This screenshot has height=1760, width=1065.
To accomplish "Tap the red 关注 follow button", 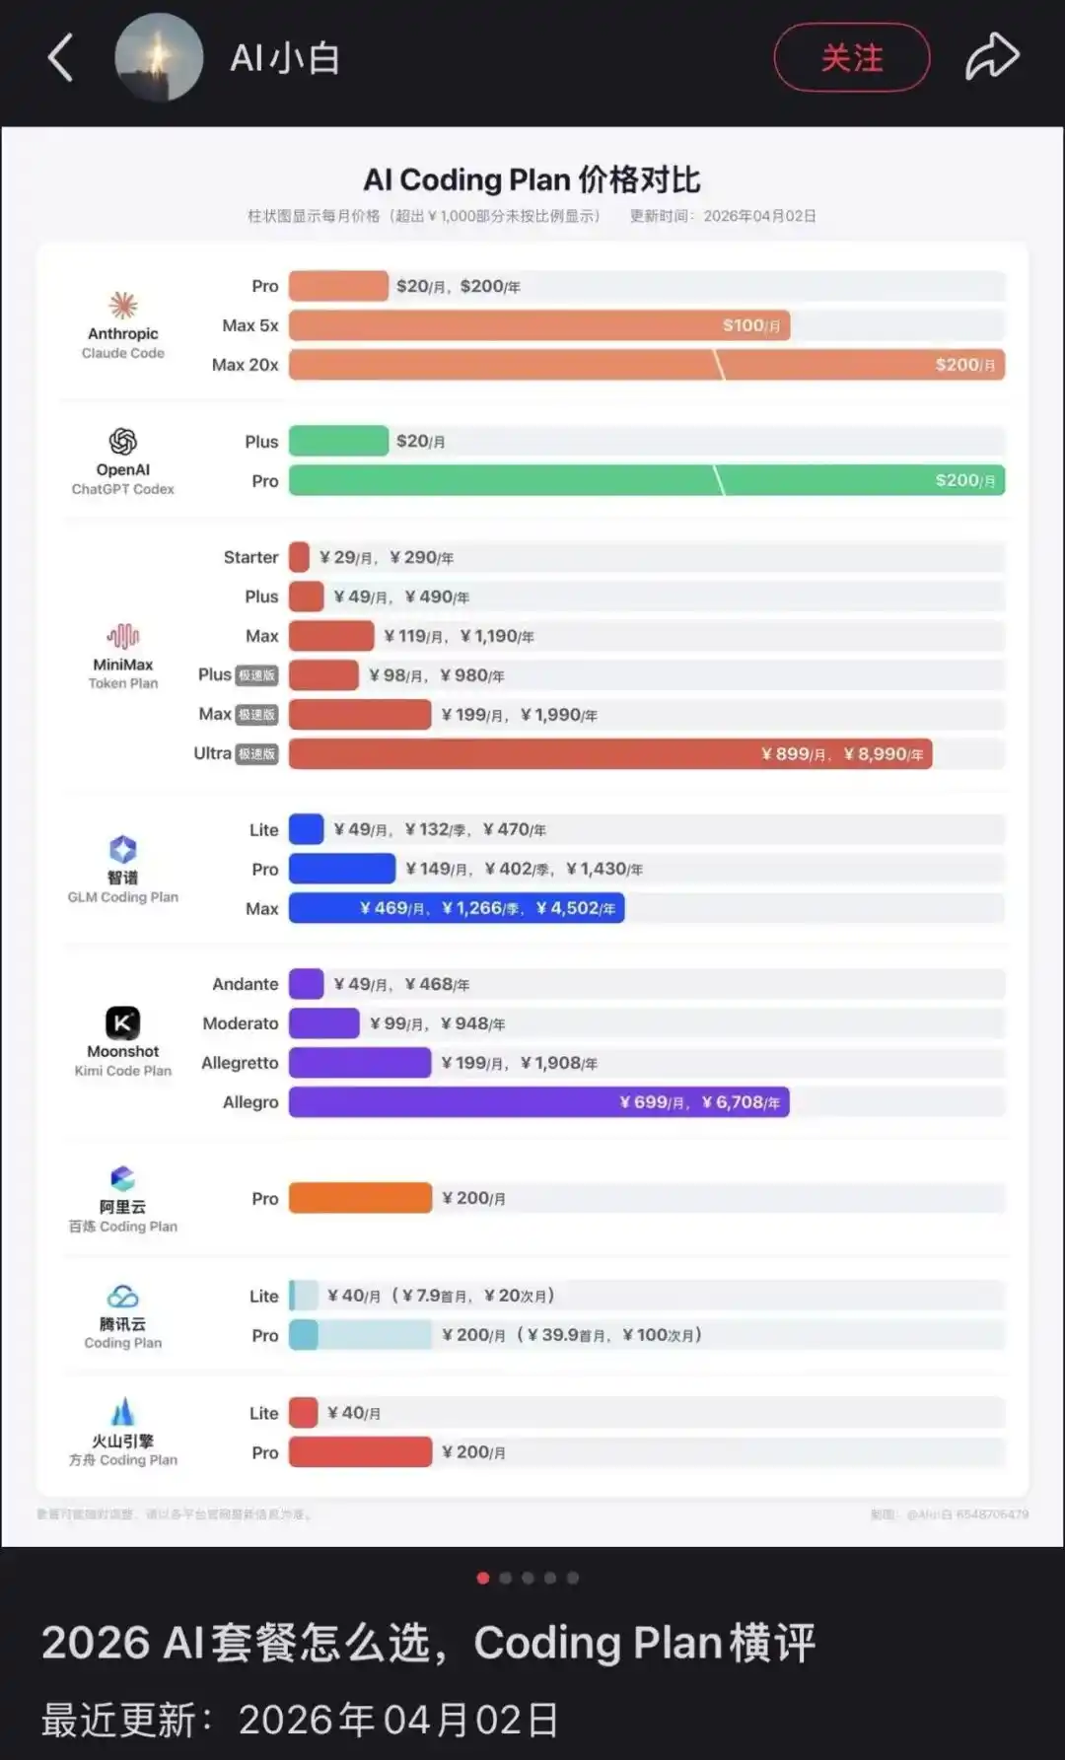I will click(x=852, y=58).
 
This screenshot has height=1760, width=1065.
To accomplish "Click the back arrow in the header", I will click(x=61, y=57).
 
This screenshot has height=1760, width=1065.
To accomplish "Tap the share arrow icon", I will click(x=991, y=56).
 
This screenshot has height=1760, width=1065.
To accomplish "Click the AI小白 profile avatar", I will click(x=159, y=57).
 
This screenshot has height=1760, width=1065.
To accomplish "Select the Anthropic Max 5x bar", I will click(x=538, y=325).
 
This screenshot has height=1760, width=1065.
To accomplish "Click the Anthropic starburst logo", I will click(x=123, y=305).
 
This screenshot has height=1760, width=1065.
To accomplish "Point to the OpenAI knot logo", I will click(x=123, y=441).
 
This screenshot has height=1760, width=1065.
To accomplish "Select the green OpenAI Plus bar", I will click(x=338, y=441).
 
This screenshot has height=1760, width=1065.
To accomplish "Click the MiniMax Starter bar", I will click(x=299, y=557).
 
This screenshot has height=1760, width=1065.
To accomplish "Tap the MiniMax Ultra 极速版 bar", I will click(x=609, y=754).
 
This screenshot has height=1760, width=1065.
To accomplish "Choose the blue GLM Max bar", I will click(x=456, y=908).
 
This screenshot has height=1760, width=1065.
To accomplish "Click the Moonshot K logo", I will click(x=123, y=1022).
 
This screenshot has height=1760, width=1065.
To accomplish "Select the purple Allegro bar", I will click(x=538, y=1102).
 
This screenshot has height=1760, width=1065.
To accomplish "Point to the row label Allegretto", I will click(x=240, y=1063).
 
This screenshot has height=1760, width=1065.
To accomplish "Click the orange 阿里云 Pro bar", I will click(x=360, y=1198).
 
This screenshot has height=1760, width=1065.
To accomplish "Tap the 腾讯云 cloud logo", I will click(x=123, y=1297).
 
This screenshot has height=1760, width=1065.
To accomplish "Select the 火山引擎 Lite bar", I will click(x=303, y=1413).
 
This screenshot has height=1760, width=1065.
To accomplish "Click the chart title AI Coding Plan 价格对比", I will click(x=532, y=179).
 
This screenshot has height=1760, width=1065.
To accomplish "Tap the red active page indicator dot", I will click(x=483, y=1578).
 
